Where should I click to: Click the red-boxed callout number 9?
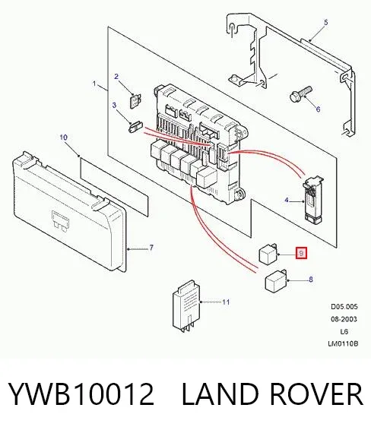pos(301,253)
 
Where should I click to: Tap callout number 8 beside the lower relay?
pos(311,280)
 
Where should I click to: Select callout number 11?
pos(226,302)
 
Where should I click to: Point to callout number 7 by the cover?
pos(151,248)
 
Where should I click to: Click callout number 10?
pos(63,138)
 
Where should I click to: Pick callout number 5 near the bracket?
pos(325,23)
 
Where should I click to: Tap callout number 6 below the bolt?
pos(318,109)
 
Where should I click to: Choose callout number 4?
pos(287,201)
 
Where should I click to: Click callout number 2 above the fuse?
pos(116,77)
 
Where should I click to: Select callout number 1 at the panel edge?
pos(95,84)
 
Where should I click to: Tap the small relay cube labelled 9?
pos(268,254)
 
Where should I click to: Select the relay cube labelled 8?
pos(276,281)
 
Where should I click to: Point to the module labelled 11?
pos(186,305)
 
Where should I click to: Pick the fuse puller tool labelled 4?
pos(312,198)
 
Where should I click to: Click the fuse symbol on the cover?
pos(60,222)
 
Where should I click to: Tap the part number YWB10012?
pos(81,394)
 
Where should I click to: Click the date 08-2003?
pos(344,319)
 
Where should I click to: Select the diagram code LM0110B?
pos(344,343)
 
